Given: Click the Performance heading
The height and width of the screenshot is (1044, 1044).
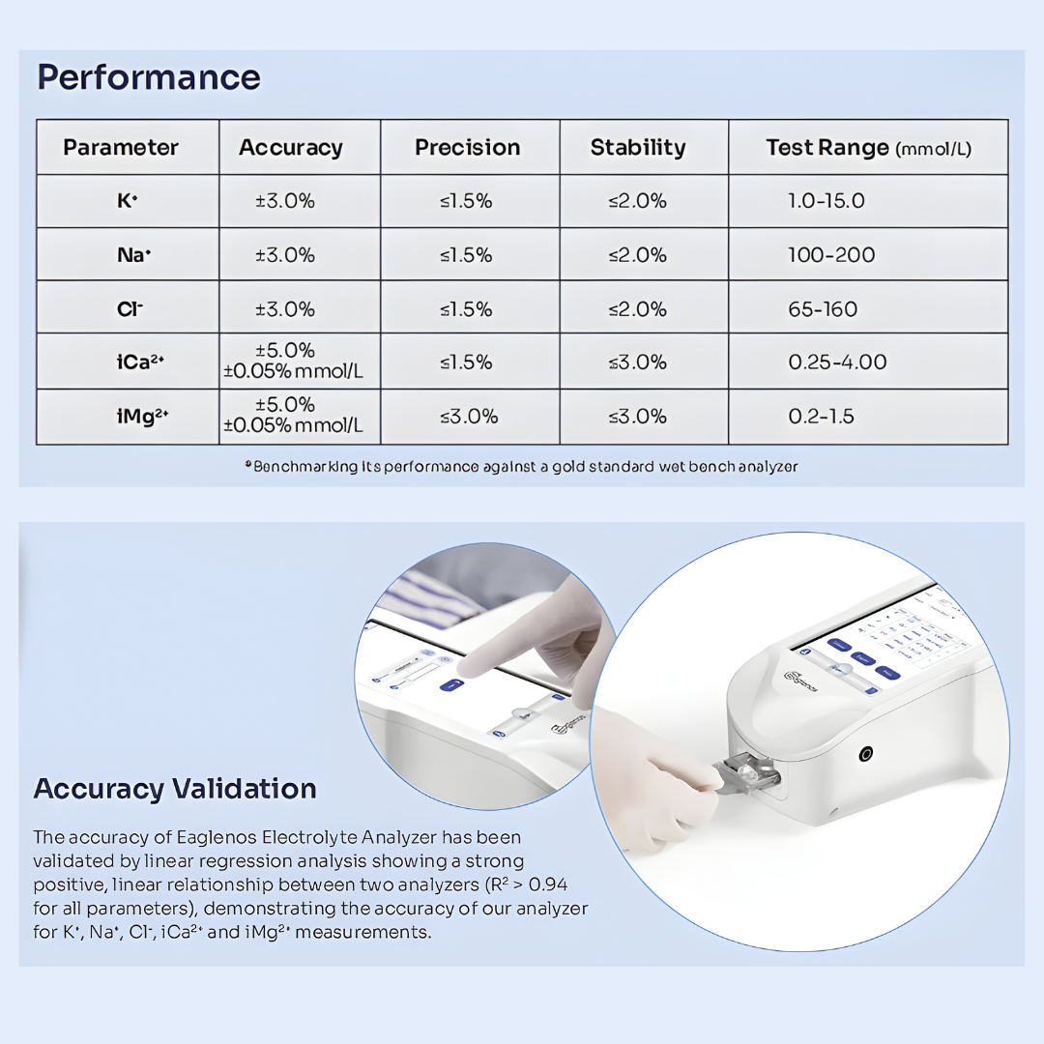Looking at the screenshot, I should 149,77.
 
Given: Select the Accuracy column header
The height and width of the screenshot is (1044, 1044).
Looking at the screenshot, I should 290,148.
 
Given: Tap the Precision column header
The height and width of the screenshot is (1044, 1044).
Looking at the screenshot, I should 468,148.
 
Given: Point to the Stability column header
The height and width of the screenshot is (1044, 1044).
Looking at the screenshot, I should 638,148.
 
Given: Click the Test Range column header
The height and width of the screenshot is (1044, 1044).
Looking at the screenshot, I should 868,148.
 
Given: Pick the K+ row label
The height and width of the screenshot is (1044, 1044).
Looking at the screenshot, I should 128,202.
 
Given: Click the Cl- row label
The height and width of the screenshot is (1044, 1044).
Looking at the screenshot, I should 128,309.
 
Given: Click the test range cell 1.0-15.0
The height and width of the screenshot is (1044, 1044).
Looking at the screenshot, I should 826,201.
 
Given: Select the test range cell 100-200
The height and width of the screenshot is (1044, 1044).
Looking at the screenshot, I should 831,255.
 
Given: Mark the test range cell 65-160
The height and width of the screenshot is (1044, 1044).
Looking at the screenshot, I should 823,309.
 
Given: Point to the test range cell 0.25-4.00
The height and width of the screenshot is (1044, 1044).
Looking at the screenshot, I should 837,362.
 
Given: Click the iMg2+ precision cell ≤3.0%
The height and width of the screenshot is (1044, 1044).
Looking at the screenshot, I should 469,417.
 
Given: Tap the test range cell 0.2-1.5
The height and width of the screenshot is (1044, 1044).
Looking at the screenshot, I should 821,417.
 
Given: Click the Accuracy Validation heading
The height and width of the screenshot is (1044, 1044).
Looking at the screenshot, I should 175,789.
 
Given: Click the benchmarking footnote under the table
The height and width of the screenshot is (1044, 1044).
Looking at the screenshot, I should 522,467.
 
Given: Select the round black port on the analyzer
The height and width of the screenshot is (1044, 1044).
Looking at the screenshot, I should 865,754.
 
